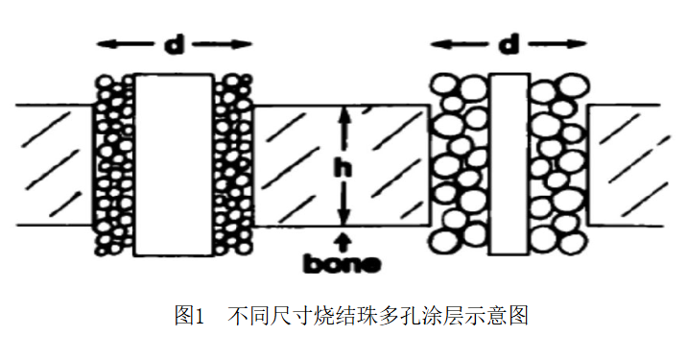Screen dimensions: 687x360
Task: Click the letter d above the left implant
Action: (175, 44)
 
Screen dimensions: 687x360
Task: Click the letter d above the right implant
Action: (509, 44)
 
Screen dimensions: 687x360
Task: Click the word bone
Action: (343, 263)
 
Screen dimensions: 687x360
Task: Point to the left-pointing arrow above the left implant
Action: (125, 44)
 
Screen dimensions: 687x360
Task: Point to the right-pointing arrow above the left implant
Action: (223, 44)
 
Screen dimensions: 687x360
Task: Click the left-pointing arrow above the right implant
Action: (460, 44)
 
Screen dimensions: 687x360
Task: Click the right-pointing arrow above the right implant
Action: (557, 44)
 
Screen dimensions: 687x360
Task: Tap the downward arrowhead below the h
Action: (345, 216)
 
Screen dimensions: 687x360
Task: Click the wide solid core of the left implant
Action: (174, 165)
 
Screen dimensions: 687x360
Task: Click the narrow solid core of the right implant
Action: (509, 164)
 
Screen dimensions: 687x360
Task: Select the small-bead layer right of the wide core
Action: (233, 165)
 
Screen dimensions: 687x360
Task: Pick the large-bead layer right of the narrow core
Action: (558, 164)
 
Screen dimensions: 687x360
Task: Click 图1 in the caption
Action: (190, 316)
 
